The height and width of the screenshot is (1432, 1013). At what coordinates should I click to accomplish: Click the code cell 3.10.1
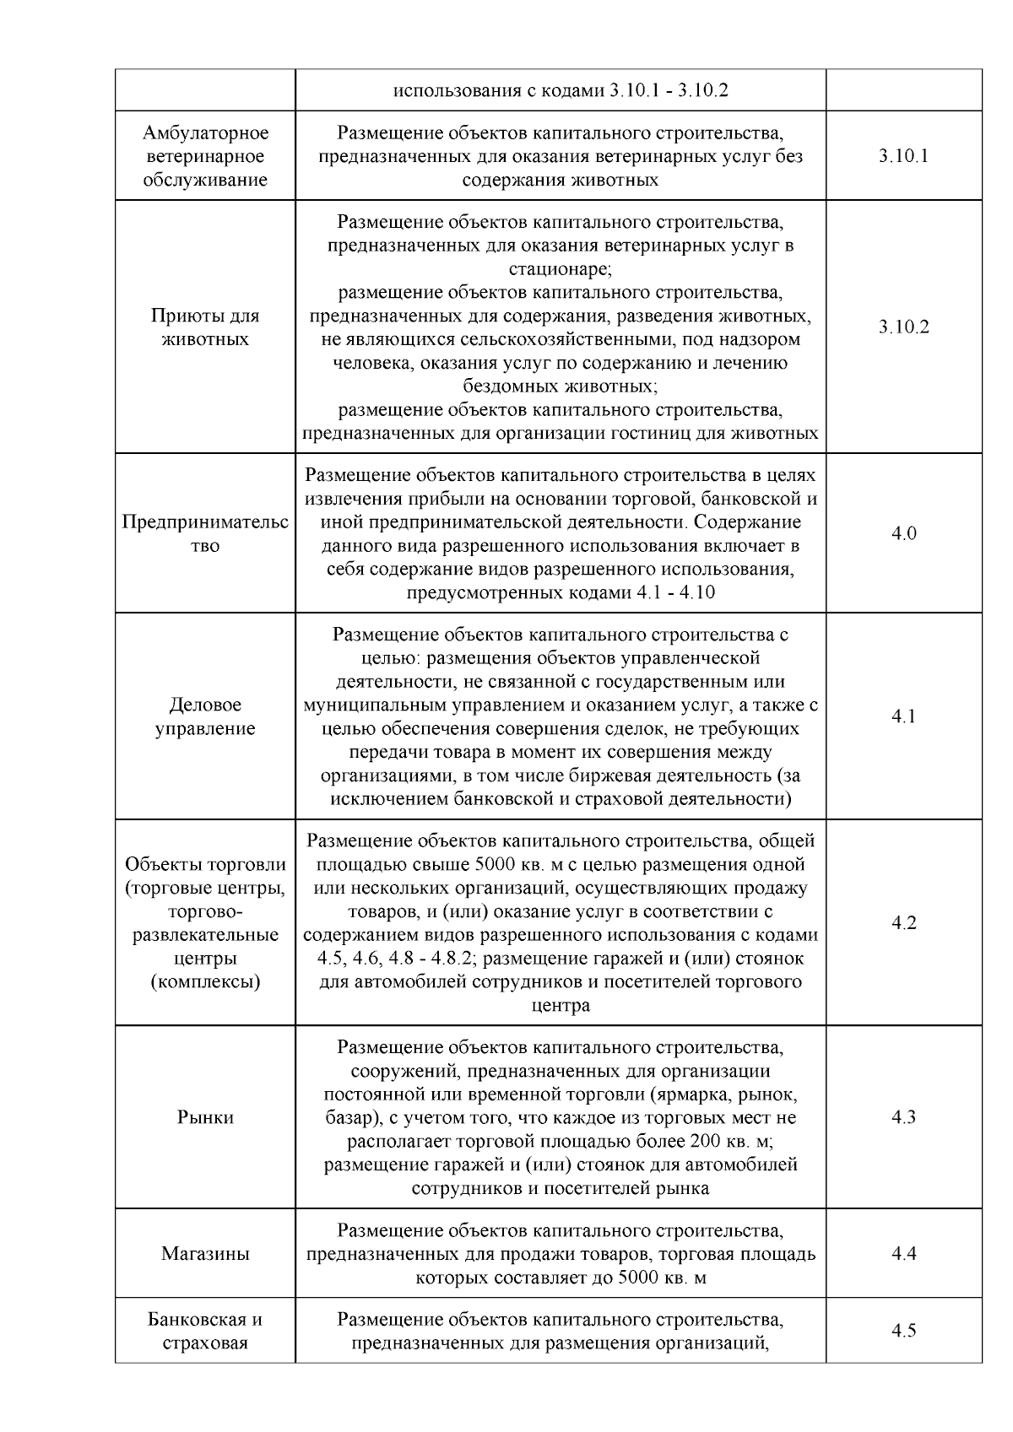point(903,156)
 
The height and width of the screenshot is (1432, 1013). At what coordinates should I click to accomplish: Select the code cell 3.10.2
point(903,327)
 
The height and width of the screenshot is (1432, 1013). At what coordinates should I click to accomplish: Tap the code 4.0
point(903,533)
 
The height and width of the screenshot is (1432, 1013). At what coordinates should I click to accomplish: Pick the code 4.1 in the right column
point(903,716)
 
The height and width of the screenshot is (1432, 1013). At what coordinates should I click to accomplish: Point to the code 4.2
point(903,922)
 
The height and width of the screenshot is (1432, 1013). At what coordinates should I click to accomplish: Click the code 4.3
point(903,1117)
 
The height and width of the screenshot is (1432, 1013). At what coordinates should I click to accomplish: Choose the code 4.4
point(903,1253)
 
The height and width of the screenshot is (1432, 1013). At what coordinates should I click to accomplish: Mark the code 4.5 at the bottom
point(903,1331)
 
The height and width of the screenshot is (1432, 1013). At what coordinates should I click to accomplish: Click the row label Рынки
point(205,1117)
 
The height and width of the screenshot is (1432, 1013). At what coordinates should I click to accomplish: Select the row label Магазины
point(205,1253)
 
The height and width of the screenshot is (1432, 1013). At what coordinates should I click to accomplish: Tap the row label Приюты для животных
point(205,327)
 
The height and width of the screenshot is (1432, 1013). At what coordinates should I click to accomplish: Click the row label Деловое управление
point(205,716)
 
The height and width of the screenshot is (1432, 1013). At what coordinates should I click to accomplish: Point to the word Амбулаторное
point(205,133)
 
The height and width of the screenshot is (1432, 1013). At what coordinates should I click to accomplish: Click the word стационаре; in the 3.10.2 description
point(560,269)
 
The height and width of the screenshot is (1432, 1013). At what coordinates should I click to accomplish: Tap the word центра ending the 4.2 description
point(560,1006)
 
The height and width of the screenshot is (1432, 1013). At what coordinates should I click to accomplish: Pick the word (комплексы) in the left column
point(205,982)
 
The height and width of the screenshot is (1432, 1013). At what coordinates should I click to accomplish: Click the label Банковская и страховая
point(205,1331)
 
